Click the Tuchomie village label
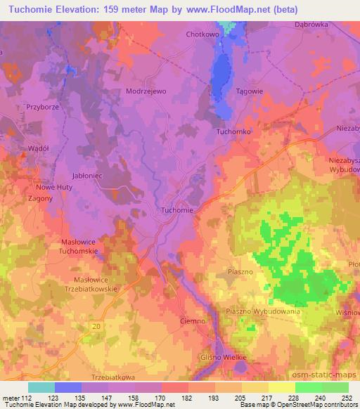click(x=177, y=209)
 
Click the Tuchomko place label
click(x=234, y=131)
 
